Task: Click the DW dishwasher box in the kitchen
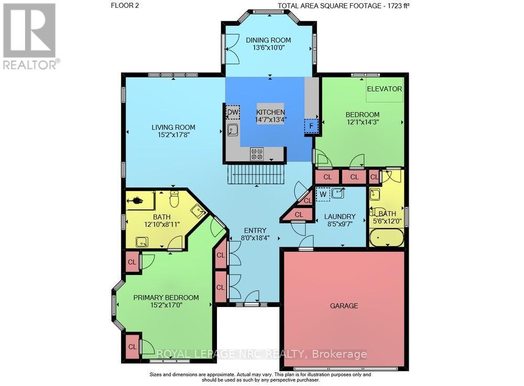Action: pyautogui.click(x=233, y=112)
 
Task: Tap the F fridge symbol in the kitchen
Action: pyautogui.click(x=311, y=126)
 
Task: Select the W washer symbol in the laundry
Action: pyautogui.click(x=323, y=194)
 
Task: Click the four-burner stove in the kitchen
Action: pyautogui.click(x=257, y=153)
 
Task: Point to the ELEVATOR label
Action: pyautogui.click(x=384, y=89)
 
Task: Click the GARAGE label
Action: pyautogui.click(x=344, y=305)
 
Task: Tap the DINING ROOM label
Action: pyautogui.click(x=268, y=40)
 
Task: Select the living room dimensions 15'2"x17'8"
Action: pyautogui.click(x=173, y=135)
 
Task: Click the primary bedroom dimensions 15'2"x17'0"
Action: pyautogui.click(x=166, y=305)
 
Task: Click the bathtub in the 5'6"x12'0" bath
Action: pyautogui.click(x=386, y=238)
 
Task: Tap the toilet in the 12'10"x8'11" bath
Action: pyautogui.click(x=174, y=199)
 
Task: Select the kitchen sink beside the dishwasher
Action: pyautogui.click(x=232, y=129)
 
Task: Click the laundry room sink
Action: pyautogui.click(x=338, y=192)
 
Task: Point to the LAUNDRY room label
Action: pyautogui.click(x=340, y=216)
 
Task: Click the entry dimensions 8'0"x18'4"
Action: pyautogui.click(x=255, y=238)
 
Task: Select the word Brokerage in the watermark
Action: pyautogui.click(x=339, y=354)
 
